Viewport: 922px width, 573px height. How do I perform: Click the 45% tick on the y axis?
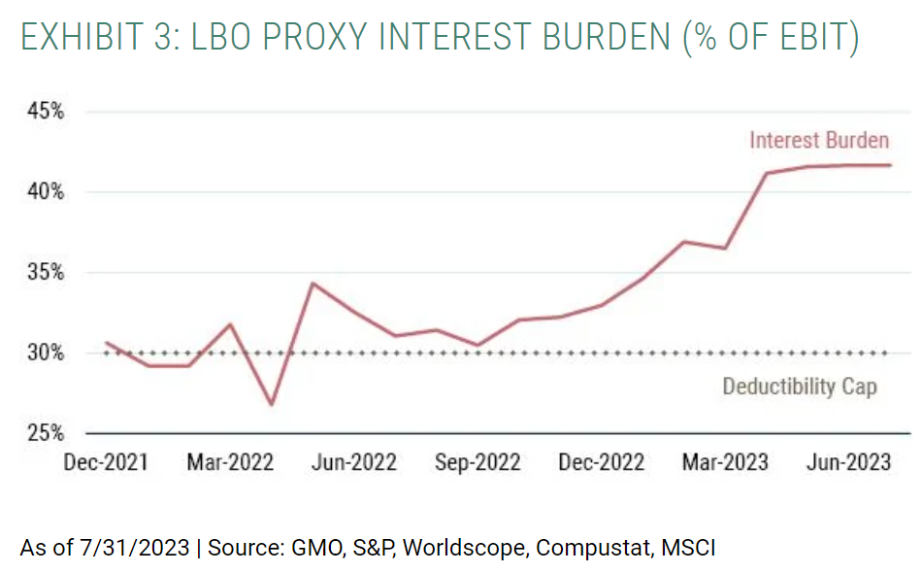click(45, 112)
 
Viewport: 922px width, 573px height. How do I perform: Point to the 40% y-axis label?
click(45, 192)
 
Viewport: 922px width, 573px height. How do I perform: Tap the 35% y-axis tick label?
click(45, 273)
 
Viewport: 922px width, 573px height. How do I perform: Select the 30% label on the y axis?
click(45, 353)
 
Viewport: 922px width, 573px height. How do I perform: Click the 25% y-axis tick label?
click(45, 433)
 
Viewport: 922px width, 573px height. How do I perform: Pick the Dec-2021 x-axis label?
click(106, 462)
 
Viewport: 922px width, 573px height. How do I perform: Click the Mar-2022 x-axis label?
click(230, 462)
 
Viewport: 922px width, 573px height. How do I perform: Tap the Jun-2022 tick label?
click(353, 462)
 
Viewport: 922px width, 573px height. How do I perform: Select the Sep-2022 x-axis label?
click(477, 462)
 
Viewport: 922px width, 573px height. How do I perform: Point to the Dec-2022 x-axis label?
click(601, 462)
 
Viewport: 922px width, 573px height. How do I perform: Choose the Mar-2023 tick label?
click(725, 462)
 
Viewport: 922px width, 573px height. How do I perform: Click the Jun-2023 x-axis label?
click(848, 462)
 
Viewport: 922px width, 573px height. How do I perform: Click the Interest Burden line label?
click(819, 141)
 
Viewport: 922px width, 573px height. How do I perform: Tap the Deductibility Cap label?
click(800, 387)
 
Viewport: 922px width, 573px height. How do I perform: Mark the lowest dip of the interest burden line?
click(272, 405)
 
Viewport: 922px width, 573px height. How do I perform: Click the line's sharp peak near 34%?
click(312, 284)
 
